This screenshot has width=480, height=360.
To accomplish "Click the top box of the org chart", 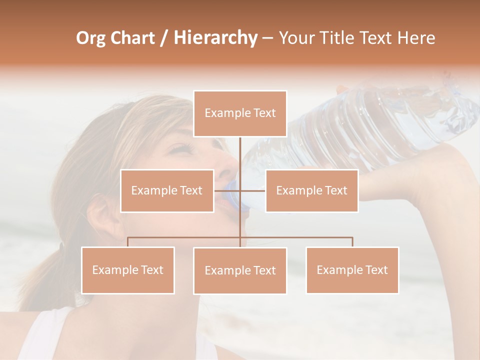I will pos(240,113).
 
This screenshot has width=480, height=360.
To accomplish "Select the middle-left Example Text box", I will pos(167,190).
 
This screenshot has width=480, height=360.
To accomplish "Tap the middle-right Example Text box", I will pos(311,190).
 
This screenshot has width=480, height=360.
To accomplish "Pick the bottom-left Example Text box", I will pos(128,270).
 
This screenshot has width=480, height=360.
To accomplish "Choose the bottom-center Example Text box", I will pos(240,270).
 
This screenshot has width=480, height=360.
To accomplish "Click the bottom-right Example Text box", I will pos(352,270).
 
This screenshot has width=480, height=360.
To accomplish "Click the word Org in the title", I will pos(90,38).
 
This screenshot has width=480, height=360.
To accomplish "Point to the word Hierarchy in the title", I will pos(215,38).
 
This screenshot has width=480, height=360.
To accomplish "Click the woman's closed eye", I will pos(181,148).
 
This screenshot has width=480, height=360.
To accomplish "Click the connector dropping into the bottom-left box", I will pos(128,242).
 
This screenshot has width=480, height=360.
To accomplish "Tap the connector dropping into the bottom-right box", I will pos(352,242).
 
